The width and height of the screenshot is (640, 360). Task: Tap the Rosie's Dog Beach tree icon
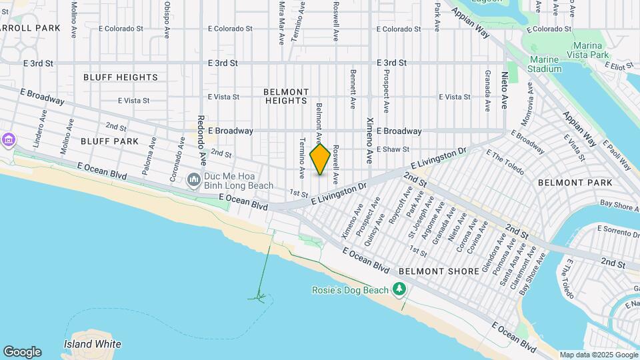[399, 289]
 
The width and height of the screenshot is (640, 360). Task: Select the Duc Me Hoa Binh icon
[193, 179]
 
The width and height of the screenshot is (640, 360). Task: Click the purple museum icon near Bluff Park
[8, 140]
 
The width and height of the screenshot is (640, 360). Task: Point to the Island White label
[93, 344]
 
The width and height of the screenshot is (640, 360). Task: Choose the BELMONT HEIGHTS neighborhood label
[286, 96]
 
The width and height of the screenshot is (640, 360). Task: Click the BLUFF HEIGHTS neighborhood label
[121, 77]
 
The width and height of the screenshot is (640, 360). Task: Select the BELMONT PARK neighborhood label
[575, 182]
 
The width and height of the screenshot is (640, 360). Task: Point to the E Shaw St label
[393, 149]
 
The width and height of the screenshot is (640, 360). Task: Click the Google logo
[22, 352]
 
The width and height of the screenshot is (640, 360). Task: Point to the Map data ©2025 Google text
[598, 355]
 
